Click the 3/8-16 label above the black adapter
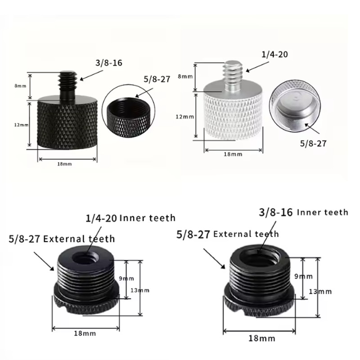tap(109, 63)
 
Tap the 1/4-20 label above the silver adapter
tap(274, 54)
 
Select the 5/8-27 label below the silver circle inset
tap(313, 144)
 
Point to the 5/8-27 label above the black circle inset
tap(157, 79)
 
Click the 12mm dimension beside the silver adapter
tap(185, 117)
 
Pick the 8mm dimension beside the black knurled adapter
tap(20, 86)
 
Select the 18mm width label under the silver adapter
tap(233, 154)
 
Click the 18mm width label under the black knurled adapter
tap(64, 164)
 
